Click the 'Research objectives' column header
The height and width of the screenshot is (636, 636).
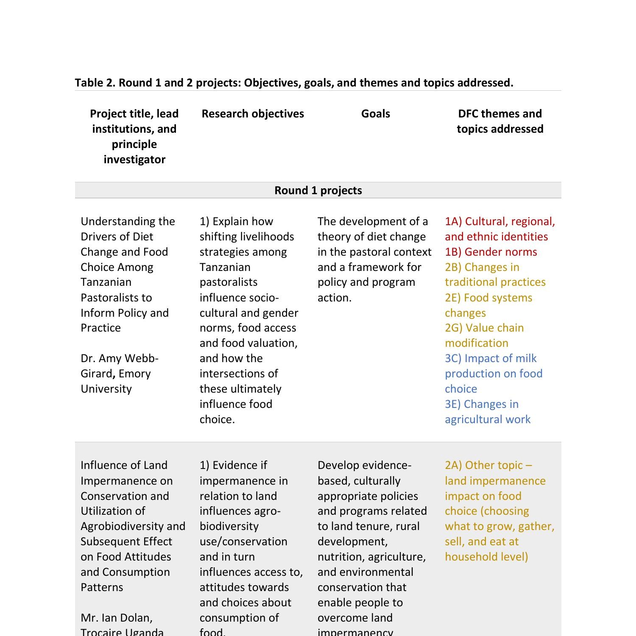coord(253,114)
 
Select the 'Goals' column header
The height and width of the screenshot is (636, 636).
coord(375,114)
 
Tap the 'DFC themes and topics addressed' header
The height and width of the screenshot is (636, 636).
coord(500,121)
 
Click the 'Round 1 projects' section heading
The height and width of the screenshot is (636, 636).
coord(318,190)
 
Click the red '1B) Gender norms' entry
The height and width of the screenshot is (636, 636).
coord(491,252)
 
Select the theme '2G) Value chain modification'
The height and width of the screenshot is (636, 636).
coord(484,335)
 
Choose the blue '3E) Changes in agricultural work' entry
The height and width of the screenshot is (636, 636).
coord(488,412)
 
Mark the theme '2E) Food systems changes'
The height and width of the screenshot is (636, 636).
coord(488,305)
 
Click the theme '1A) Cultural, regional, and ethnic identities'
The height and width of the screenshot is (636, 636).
coord(500,229)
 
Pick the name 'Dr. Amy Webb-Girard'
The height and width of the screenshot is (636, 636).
coord(120,365)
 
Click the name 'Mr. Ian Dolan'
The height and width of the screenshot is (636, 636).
coord(117,618)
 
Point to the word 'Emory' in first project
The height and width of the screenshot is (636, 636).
coord(134,374)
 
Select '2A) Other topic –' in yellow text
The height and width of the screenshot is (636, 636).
coord(488,465)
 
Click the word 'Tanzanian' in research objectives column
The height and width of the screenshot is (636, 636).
coord(225,267)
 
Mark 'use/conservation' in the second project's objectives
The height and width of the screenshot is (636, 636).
coord(243,541)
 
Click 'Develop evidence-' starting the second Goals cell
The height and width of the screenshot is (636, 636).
coord(364,465)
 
